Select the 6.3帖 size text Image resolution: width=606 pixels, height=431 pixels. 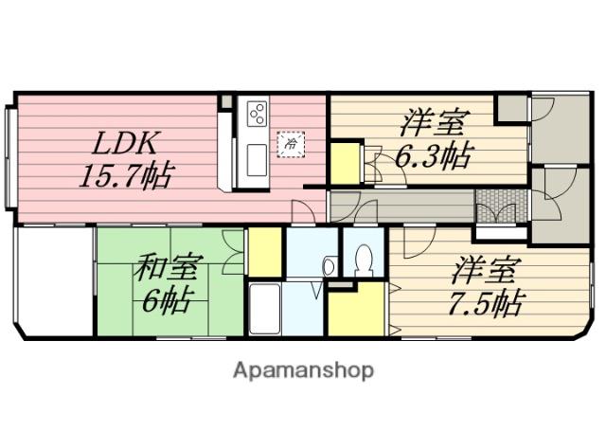click(432, 156)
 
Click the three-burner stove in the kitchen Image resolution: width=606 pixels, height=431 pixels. click(257, 115)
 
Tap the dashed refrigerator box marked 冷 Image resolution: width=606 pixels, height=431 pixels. click(290, 143)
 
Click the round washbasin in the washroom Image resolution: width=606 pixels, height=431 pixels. click(328, 267)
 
